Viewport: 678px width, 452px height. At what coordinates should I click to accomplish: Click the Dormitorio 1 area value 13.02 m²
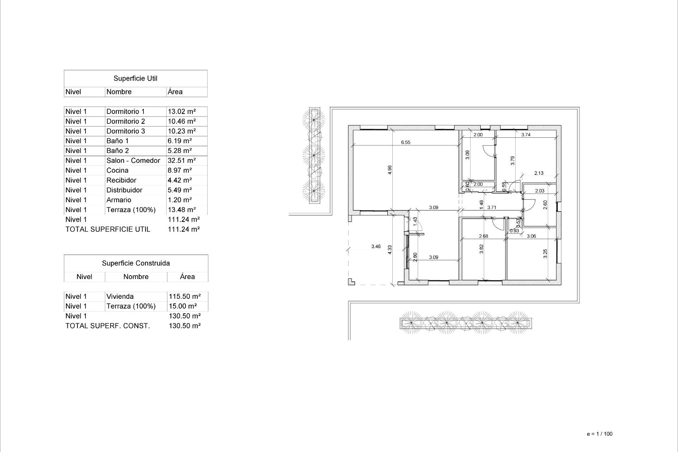(x=182, y=112)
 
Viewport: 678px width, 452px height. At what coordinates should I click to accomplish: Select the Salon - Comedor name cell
(x=133, y=161)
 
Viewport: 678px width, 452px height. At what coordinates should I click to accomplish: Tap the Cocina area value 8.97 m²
(x=179, y=171)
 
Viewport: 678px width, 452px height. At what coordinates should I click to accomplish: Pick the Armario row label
(x=119, y=200)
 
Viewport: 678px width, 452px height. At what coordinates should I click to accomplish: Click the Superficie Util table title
(x=135, y=78)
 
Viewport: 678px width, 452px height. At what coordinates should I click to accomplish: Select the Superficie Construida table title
(x=136, y=263)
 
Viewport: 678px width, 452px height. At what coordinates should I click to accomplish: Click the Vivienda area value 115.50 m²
(x=185, y=297)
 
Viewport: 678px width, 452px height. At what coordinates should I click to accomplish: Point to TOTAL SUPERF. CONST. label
(x=107, y=326)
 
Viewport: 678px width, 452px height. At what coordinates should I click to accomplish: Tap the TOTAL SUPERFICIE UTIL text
(x=108, y=229)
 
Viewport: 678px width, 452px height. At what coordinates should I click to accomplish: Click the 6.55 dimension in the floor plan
(x=405, y=142)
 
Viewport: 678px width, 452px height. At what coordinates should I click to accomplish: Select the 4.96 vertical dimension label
(x=389, y=170)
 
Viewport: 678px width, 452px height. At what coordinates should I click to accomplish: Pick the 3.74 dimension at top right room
(x=526, y=135)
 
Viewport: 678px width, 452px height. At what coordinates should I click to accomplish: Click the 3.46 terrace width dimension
(x=376, y=246)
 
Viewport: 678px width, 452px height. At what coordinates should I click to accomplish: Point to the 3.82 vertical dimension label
(x=481, y=249)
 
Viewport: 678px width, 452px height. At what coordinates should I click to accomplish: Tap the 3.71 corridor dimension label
(x=492, y=208)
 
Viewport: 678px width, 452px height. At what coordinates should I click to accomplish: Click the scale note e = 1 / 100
(x=599, y=434)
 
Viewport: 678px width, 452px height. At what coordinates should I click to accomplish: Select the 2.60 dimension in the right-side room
(x=545, y=205)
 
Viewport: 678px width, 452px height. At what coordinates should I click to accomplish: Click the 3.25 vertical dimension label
(x=545, y=254)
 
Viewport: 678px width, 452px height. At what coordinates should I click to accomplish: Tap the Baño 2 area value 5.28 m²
(x=179, y=151)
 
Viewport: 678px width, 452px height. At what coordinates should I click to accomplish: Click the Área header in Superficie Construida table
(x=187, y=277)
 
